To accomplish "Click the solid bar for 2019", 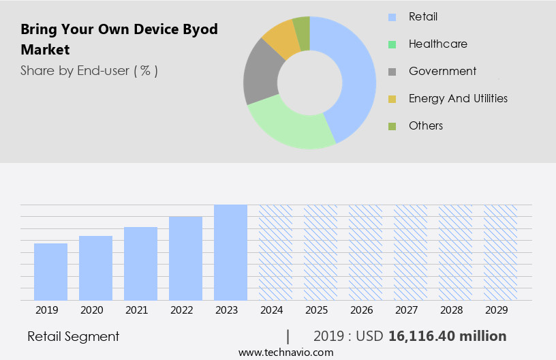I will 50,271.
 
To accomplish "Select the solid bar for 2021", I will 140,263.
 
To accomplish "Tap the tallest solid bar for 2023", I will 230,252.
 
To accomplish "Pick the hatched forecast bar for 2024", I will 275,252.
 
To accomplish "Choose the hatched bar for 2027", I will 410,252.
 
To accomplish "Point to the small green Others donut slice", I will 302,27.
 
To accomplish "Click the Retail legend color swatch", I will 392,17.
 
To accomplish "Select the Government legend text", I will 442,71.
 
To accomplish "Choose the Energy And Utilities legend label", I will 458,98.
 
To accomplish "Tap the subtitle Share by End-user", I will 89,70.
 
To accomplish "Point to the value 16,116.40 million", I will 447,336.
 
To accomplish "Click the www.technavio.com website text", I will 285,352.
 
